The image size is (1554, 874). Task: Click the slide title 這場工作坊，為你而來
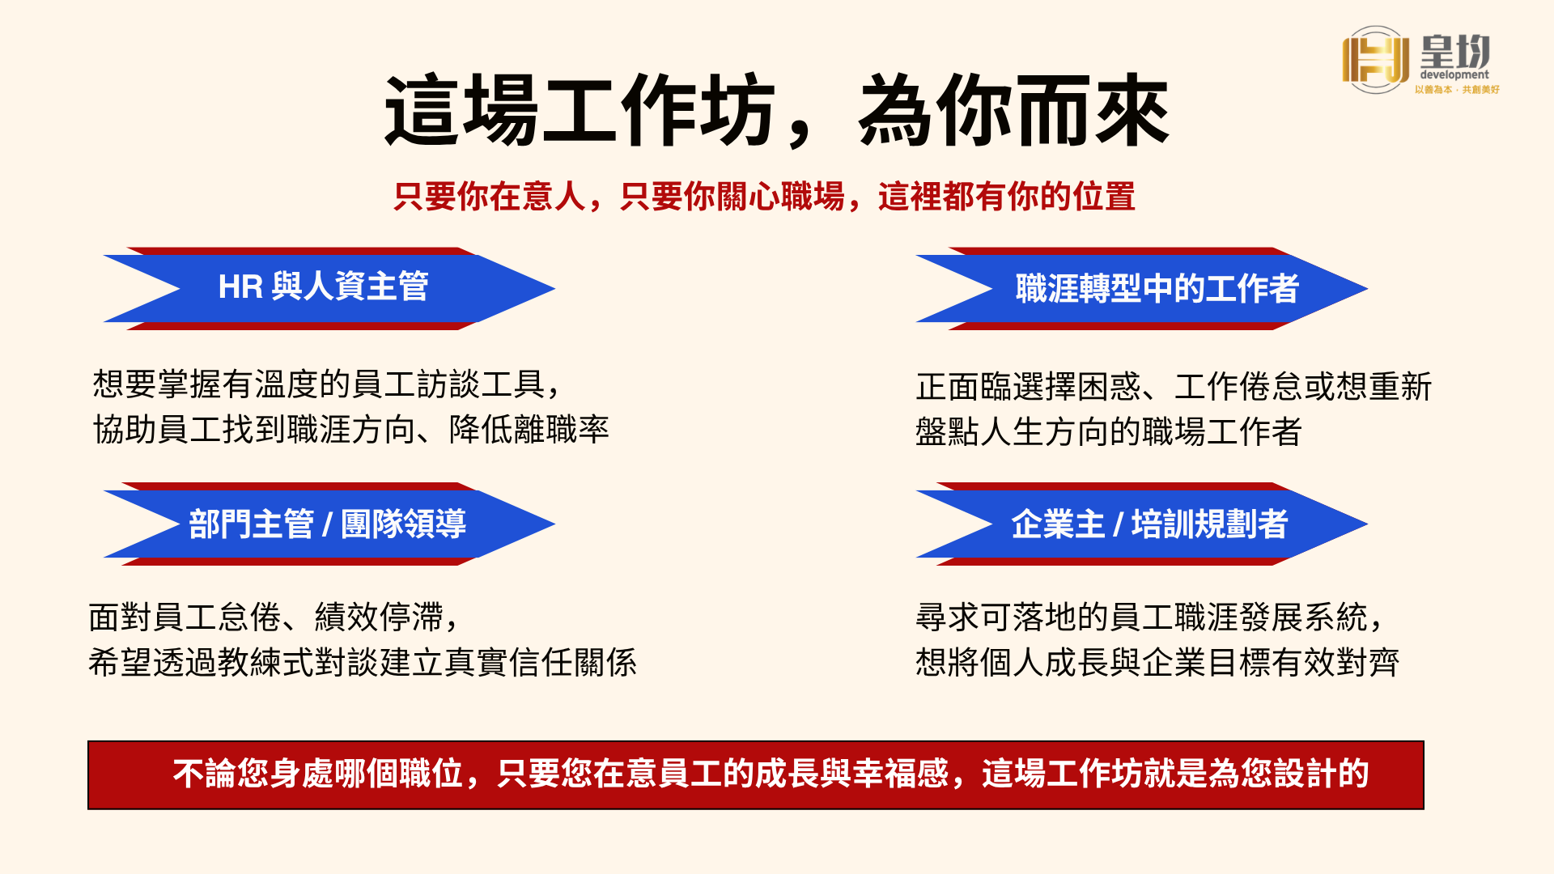pyautogui.click(x=776, y=111)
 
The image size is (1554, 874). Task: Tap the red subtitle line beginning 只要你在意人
pyautogui.click(x=765, y=197)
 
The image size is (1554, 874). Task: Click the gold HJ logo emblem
pyautogui.click(x=1375, y=59)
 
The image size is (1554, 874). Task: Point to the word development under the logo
pyautogui.click(x=1454, y=74)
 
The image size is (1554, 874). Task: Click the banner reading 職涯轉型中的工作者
pyautogui.click(x=1142, y=288)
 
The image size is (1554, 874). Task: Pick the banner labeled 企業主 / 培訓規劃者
pyautogui.click(x=1142, y=524)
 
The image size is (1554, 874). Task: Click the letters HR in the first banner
pyautogui.click(x=240, y=287)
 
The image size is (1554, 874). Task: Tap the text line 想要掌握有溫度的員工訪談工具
pyautogui.click(x=326, y=384)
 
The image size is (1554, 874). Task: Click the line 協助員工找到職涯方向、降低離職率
pyautogui.click(x=351, y=429)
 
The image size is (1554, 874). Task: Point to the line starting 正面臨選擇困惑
pyautogui.click(x=1174, y=386)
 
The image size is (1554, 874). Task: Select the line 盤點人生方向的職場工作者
pyautogui.click(x=1109, y=431)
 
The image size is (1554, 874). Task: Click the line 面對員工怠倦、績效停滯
pyautogui.click(x=274, y=617)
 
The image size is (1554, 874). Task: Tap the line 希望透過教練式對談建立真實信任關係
pyautogui.click(x=363, y=662)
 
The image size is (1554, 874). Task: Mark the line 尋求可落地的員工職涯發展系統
pyautogui.click(x=1149, y=617)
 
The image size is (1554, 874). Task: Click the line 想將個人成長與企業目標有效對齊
pyautogui.click(x=1157, y=662)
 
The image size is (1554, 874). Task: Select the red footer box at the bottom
pyautogui.click(x=756, y=775)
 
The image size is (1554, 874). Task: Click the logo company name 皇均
pyautogui.click(x=1455, y=50)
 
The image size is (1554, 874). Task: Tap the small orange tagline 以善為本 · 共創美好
pyautogui.click(x=1458, y=90)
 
